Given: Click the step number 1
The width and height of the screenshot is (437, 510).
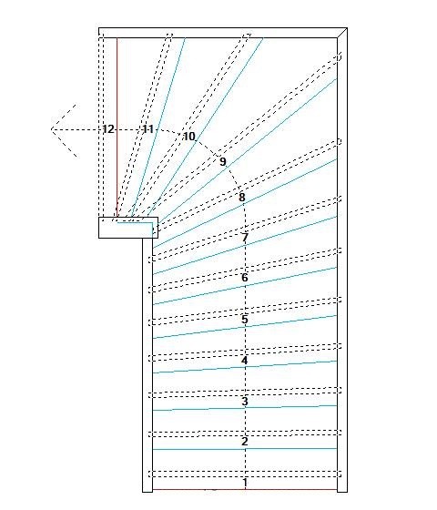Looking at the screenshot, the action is pyautogui.click(x=245, y=483).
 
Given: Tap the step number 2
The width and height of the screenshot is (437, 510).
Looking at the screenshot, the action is pyautogui.click(x=245, y=442).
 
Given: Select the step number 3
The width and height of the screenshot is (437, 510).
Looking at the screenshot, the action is pyautogui.click(x=245, y=402).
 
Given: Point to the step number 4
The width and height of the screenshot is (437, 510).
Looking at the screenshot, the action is pyautogui.click(x=245, y=361).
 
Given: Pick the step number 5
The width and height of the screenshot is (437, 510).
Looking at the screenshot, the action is pyautogui.click(x=245, y=320).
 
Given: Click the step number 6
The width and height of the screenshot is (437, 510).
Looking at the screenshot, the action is pyautogui.click(x=245, y=278).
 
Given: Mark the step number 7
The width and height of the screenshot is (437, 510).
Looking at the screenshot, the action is pyautogui.click(x=245, y=238).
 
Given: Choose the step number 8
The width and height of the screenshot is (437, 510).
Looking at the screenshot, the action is pyautogui.click(x=241, y=197).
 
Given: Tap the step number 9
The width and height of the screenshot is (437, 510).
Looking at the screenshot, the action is pyautogui.click(x=223, y=162).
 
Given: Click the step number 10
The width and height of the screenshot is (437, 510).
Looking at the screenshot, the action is pyautogui.click(x=189, y=137).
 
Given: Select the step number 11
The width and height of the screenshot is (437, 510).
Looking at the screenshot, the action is pyautogui.click(x=147, y=129).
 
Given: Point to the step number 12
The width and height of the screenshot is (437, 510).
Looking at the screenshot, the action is pyautogui.click(x=108, y=129).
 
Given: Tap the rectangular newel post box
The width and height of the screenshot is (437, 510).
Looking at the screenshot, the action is pyautogui.click(x=128, y=228).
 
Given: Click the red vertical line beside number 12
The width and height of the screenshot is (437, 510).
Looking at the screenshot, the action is pyautogui.click(x=117, y=127).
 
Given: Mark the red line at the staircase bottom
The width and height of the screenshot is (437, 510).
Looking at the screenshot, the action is pyautogui.click(x=245, y=489).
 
